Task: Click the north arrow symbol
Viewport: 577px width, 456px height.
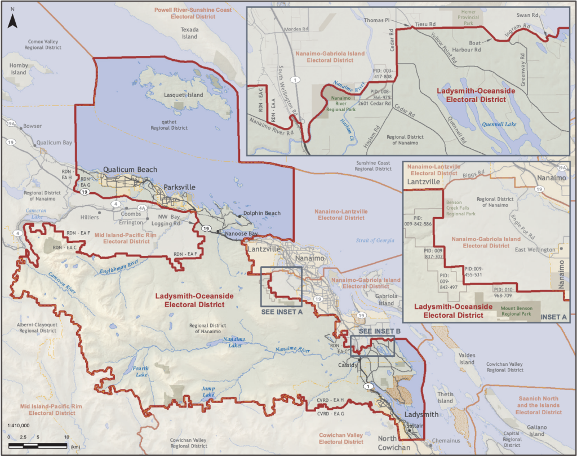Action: tap(14, 21)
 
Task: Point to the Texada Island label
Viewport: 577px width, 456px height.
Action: tap(189, 33)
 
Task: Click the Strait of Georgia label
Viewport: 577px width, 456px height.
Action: tap(375, 241)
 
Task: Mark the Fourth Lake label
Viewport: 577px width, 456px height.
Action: tap(141, 372)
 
